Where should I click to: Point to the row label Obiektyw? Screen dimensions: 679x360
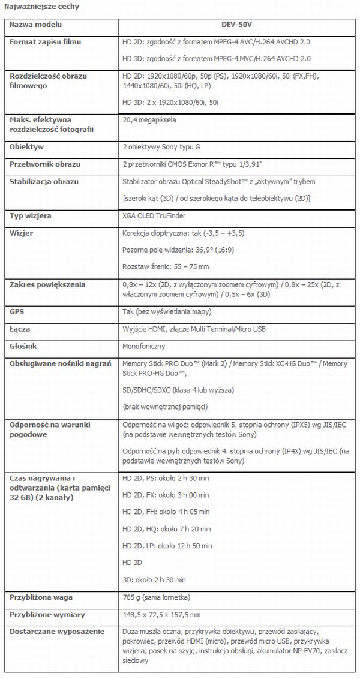pos(27,146)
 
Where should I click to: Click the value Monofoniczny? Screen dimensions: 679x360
pos(144,347)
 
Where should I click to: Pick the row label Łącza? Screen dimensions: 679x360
pos(20,329)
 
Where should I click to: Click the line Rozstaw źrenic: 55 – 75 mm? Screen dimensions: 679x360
pos(165,266)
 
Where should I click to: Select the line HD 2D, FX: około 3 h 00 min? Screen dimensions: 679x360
pos(165,495)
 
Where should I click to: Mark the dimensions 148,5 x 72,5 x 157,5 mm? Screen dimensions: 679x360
pos(161,615)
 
